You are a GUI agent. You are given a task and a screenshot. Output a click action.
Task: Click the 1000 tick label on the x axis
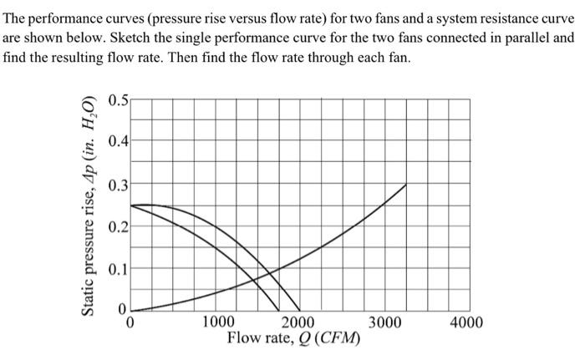(x=218, y=322)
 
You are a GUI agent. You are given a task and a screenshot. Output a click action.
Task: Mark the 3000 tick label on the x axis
(x=384, y=322)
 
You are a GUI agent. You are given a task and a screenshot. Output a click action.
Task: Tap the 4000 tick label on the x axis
(x=465, y=322)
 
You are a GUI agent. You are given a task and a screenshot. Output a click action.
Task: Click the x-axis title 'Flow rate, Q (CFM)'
(x=293, y=339)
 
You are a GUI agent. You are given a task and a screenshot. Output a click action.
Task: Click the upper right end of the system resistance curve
(x=407, y=185)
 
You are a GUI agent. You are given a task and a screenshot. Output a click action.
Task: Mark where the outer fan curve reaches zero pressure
(x=300, y=309)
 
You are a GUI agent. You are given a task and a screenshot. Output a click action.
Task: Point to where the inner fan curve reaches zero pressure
(x=280, y=309)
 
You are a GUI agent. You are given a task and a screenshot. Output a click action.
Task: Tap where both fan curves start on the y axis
(x=131, y=205)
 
